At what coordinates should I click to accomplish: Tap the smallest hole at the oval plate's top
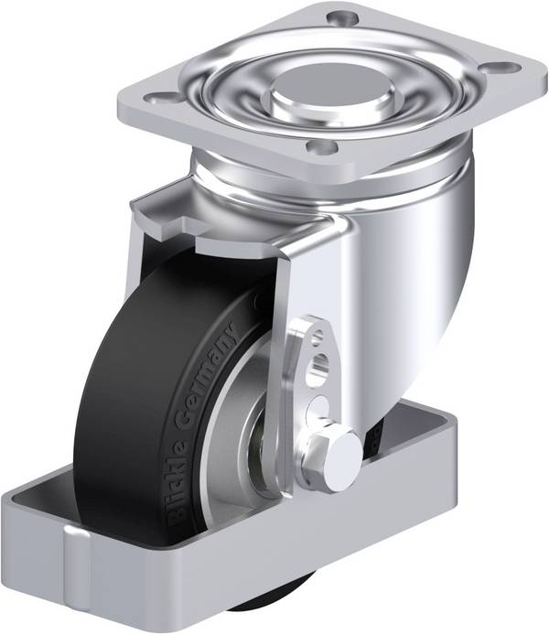click(x=318, y=336)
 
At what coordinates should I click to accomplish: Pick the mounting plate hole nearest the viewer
click(x=322, y=146)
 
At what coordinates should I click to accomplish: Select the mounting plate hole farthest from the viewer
click(x=343, y=17)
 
